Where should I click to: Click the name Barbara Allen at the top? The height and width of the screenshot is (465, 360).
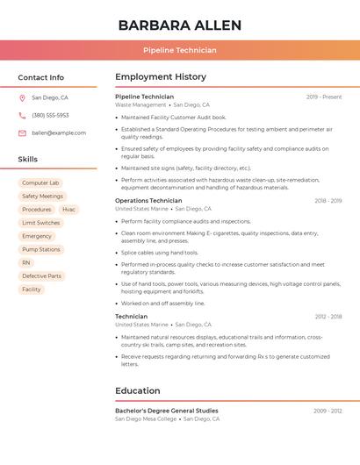179,25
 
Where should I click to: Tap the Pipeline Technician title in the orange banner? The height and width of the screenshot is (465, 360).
179,50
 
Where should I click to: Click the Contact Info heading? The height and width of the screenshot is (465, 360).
41,77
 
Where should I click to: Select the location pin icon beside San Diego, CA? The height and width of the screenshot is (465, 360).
22,98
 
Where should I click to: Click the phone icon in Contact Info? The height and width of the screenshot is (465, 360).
22,116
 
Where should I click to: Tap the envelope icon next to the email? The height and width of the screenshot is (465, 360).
22,133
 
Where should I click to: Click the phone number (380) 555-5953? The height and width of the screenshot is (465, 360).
50,116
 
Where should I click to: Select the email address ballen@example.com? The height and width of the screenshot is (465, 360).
59,133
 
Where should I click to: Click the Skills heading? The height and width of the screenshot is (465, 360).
28,160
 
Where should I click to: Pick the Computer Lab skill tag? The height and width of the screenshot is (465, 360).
40,183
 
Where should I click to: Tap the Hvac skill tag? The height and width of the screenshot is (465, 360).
68,210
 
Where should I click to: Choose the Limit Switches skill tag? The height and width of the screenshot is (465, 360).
41,223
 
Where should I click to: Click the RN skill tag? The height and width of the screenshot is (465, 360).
26,262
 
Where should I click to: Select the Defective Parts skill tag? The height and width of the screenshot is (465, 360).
42,275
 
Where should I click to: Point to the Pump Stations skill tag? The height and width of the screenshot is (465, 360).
41,249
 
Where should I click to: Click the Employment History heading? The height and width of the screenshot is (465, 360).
161,77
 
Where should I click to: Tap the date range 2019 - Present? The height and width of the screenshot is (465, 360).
324,97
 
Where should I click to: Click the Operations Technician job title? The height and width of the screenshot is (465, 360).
148,201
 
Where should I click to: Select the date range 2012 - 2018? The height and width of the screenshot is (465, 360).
328,317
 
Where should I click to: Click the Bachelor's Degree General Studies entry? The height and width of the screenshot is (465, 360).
167,411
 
